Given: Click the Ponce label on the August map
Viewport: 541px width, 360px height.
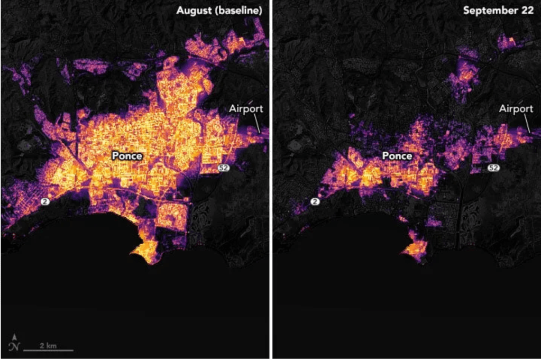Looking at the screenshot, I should tap(127, 156).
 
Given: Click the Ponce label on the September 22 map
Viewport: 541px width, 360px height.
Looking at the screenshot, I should tap(397, 156).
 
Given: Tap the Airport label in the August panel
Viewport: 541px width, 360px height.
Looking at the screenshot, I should tap(246, 108).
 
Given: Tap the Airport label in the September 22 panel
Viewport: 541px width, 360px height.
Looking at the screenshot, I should tap(516, 108).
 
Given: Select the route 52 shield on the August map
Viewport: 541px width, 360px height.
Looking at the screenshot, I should tap(224, 168).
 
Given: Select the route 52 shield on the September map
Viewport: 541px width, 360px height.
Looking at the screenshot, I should tap(493, 168).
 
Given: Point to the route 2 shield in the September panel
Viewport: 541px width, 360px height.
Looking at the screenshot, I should tap(316, 201).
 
